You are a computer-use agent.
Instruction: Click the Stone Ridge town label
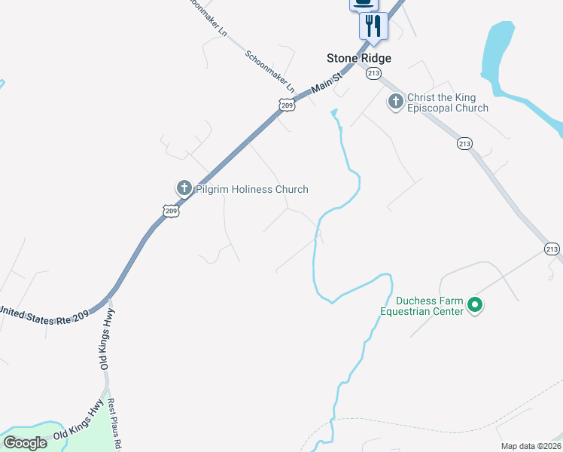coord(358,58)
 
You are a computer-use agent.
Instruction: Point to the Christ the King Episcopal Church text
coord(447,103)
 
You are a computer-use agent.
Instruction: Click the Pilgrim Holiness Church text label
coord(251,189)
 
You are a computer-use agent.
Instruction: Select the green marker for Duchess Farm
coord(474,305)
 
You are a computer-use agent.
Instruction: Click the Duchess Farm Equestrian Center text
coord(421,305)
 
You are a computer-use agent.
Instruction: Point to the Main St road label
coord(327,82)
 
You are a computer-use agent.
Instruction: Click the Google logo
coord(25,442)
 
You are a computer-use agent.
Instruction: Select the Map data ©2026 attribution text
coord(531,446)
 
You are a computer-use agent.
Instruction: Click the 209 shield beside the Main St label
coord(286,105)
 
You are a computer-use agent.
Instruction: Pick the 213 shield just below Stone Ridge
coord(373,73)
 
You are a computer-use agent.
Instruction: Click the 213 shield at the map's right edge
coord(552,249)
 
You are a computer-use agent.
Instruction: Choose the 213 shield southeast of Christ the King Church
coord(464,143)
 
